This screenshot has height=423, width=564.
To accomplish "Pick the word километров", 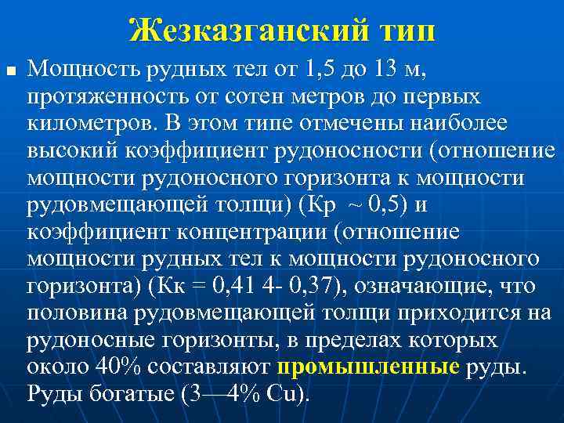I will coord(89,125).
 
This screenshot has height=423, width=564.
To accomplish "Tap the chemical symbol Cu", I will coord(280,393).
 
